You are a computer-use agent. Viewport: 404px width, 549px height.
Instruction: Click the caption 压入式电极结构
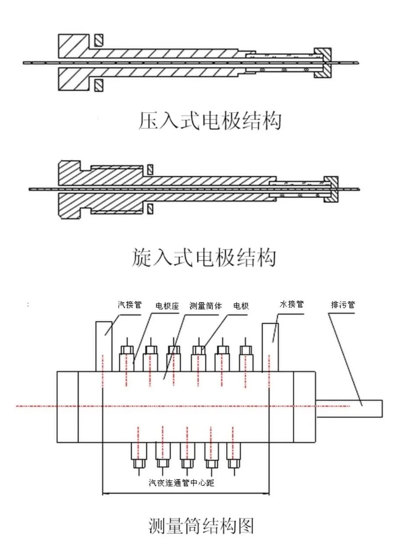click(x=210, y=121)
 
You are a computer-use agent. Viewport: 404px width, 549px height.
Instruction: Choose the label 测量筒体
click(x=205, y=306)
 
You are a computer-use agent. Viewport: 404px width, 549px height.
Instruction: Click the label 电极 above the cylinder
click(x=241, y=306)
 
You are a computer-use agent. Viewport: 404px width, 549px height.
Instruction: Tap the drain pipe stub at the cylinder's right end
click(x=350, y=408)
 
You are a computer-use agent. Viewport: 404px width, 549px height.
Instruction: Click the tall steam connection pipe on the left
click(x=104, y=346)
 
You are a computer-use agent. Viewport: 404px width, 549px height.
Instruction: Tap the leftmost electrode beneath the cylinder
click(x=138, y=458)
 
